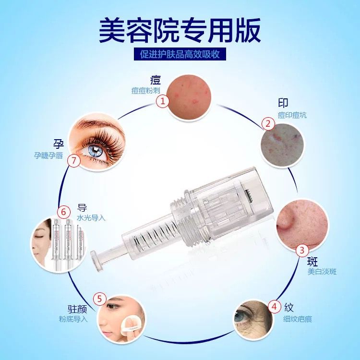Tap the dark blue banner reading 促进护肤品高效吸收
point(180,54)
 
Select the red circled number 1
point(163,101)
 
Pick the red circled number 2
point(268,124)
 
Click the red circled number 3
point(302,250)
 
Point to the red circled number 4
point(275,307)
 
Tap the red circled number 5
point(100,299)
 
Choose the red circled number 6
point(63,212)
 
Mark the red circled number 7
point(74,160)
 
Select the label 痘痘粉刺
point(146,90)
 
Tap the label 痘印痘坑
point(292,115)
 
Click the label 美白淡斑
point(322,272)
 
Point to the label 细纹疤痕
point(297,319)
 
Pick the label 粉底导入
point(73,319)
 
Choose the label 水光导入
point(91,217)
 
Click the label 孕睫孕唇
point(48,156)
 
